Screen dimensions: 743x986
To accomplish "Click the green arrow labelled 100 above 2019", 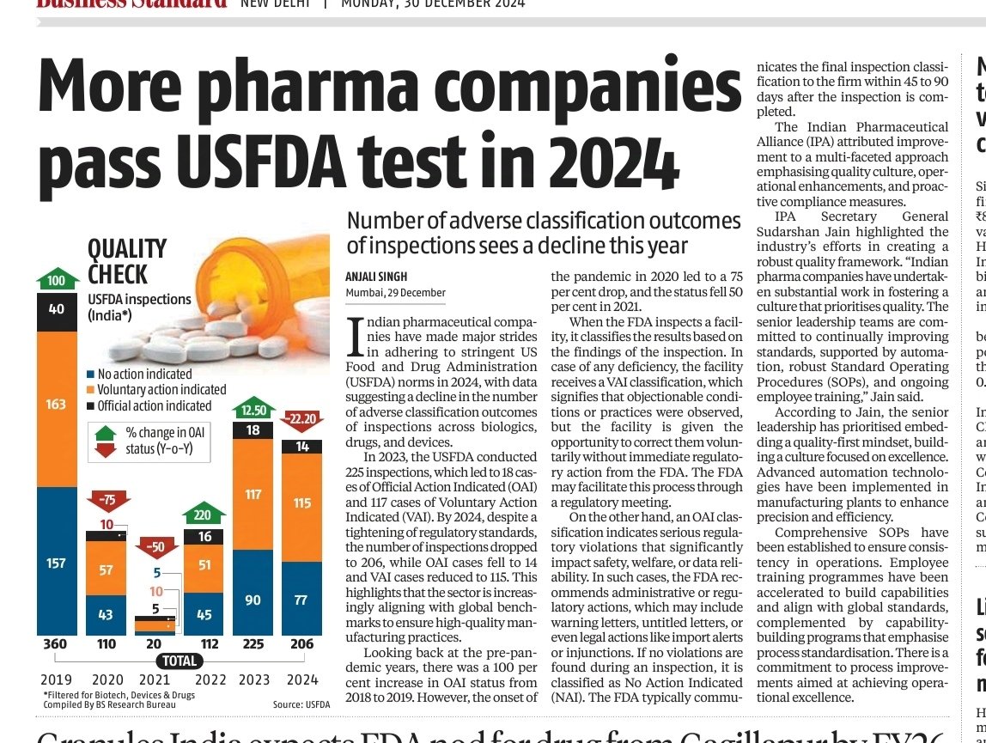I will point(56,281).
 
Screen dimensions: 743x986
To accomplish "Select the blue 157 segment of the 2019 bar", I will point(56,563).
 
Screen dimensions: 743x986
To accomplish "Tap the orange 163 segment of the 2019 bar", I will point(56,404).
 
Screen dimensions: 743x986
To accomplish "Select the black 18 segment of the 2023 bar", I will point(253,454).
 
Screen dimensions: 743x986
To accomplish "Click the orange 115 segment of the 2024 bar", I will point(301,502).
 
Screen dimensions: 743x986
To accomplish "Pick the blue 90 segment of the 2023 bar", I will point(253,600).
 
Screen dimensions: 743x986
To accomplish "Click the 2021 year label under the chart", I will point(155,679).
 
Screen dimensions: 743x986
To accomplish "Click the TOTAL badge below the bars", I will point(180,661).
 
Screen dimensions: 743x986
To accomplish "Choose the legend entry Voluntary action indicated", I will point(161,390).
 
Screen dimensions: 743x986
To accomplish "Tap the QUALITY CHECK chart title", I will point(126,262).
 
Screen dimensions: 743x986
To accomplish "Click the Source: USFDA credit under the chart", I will point(301,704).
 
